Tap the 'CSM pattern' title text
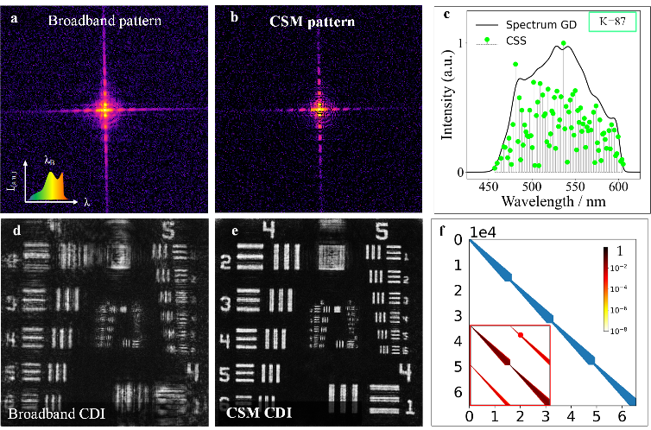pyautogui.click(x=320, y=20)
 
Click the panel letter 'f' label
pyautogui.click(x=443, y=231)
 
